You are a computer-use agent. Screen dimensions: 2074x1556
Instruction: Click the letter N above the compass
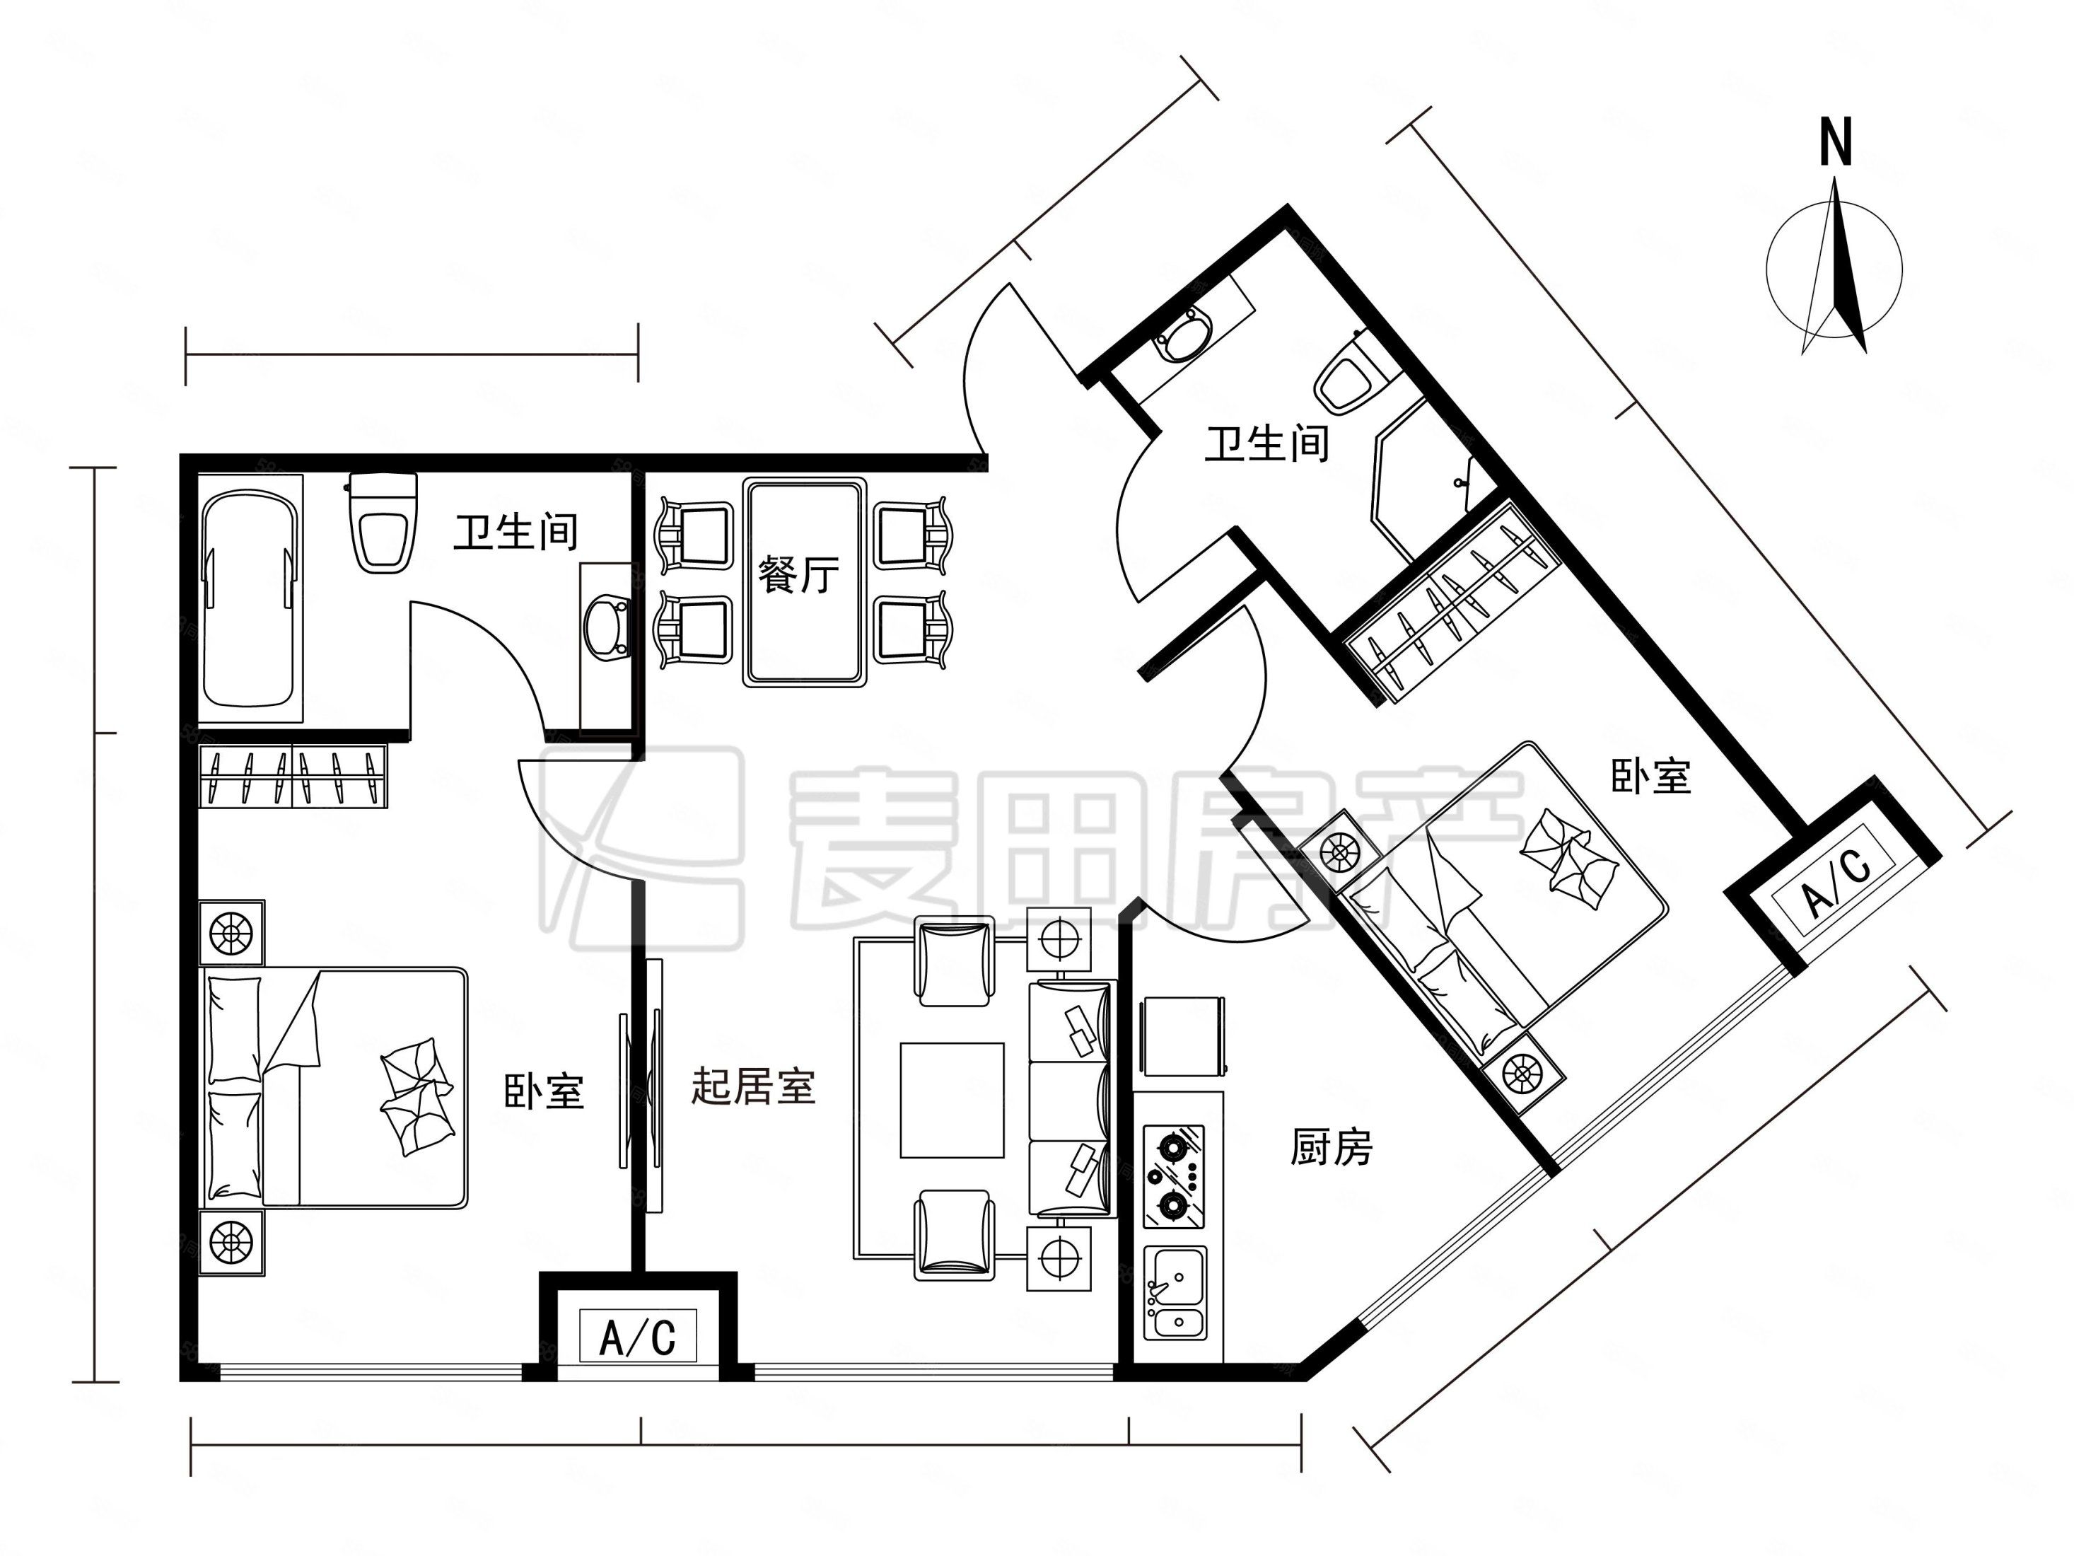point(1835,144)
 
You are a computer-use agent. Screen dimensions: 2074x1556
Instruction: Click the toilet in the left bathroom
point(383,521)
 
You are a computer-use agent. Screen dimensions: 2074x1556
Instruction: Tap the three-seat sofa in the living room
point(1072,1098)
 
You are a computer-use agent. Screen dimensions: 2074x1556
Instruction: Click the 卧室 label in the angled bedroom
point(1651,777)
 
